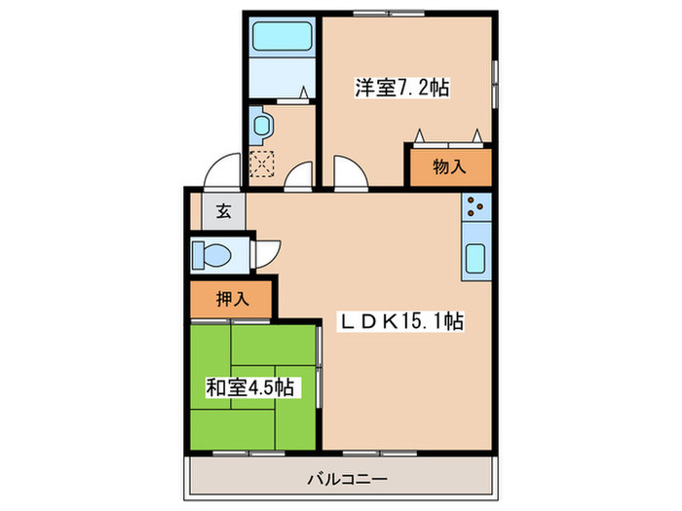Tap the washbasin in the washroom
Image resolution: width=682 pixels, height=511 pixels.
261,125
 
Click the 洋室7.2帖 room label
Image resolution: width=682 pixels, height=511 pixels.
400,88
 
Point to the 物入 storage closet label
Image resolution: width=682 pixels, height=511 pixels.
448,166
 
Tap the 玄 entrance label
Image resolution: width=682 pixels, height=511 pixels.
224,210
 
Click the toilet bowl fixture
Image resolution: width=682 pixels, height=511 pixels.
212,255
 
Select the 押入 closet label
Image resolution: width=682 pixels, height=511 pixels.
233,299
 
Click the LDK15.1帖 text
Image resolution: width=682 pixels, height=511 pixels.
399,321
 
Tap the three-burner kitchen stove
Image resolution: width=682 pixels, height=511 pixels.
475,206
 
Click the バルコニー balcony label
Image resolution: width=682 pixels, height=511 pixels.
348,479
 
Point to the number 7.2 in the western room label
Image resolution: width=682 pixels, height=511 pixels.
413,88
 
